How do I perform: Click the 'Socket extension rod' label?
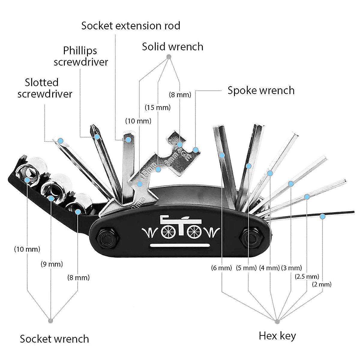pyautogui.click(x=130, y=26)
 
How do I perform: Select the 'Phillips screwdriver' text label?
pyautogui.click(x=81, y=56)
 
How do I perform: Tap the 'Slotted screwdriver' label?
pyautogui.click(x=45, y=88)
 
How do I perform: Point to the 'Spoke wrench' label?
pyautogui.click(x=261, y=90)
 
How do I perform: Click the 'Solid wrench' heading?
pyautogui.click(x=172, y=47)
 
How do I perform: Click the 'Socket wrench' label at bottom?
pyautogui.click(x=54, y=339)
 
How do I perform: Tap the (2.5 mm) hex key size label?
pyautogui.click(x=307, y=276)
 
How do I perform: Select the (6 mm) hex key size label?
pyautogui.click(x=221, y=268)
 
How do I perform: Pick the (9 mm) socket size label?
pyautogui.click(x=52, y=264)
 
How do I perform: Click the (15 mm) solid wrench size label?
pyautogui.click(x=157, y=107)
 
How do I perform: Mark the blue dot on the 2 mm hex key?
pyautogui.click(x=322, y=216)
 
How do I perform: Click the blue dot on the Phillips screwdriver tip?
pyautogui.click(x=97, y=137)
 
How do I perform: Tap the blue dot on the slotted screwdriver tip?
pyautogui.click(x=61, y=140)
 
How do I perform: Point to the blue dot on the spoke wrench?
pyautogui.click(x=195, y=150)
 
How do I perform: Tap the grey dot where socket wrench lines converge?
pyautogui.click(x=50, y=320)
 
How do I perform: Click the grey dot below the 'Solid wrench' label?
pyautogui.click(x=169, y=57)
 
